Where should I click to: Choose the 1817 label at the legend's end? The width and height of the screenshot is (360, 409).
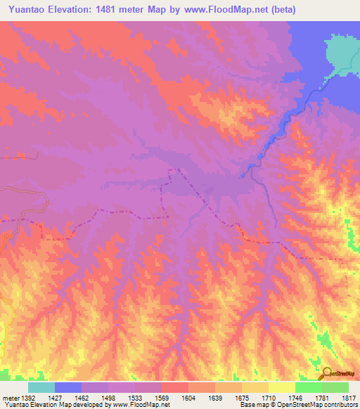pos(348,397)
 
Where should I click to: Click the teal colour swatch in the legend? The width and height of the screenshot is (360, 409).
pos(41,387)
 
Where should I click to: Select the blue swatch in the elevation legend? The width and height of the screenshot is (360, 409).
pos(68,387)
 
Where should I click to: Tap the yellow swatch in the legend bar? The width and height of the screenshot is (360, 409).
pos(281,387)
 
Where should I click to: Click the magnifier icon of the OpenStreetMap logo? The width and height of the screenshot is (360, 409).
pos(326,372)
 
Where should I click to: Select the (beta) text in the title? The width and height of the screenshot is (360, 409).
pos(281,10)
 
